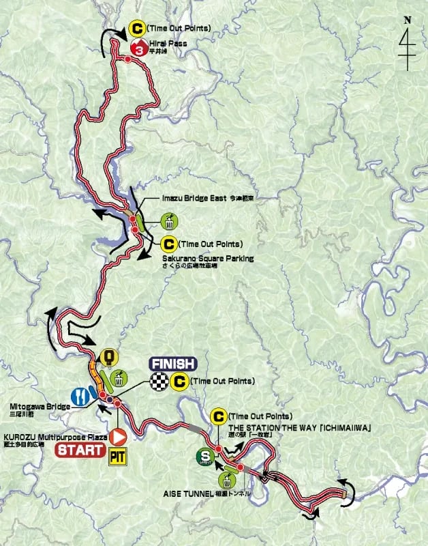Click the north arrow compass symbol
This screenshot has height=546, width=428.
point(408,44)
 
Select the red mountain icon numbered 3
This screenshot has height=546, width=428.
point(138,48)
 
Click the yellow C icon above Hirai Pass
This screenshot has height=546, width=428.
point(138,29)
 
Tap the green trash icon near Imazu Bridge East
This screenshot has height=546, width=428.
point(170,221)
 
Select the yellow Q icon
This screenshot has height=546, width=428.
point(107,356)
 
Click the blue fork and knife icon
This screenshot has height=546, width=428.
point(80,397)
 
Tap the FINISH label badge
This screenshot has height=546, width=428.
point(172,364)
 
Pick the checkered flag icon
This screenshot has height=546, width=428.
point(159,382)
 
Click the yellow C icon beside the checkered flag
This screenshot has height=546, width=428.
point(180,382)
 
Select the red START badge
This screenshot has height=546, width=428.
point(80,450)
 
